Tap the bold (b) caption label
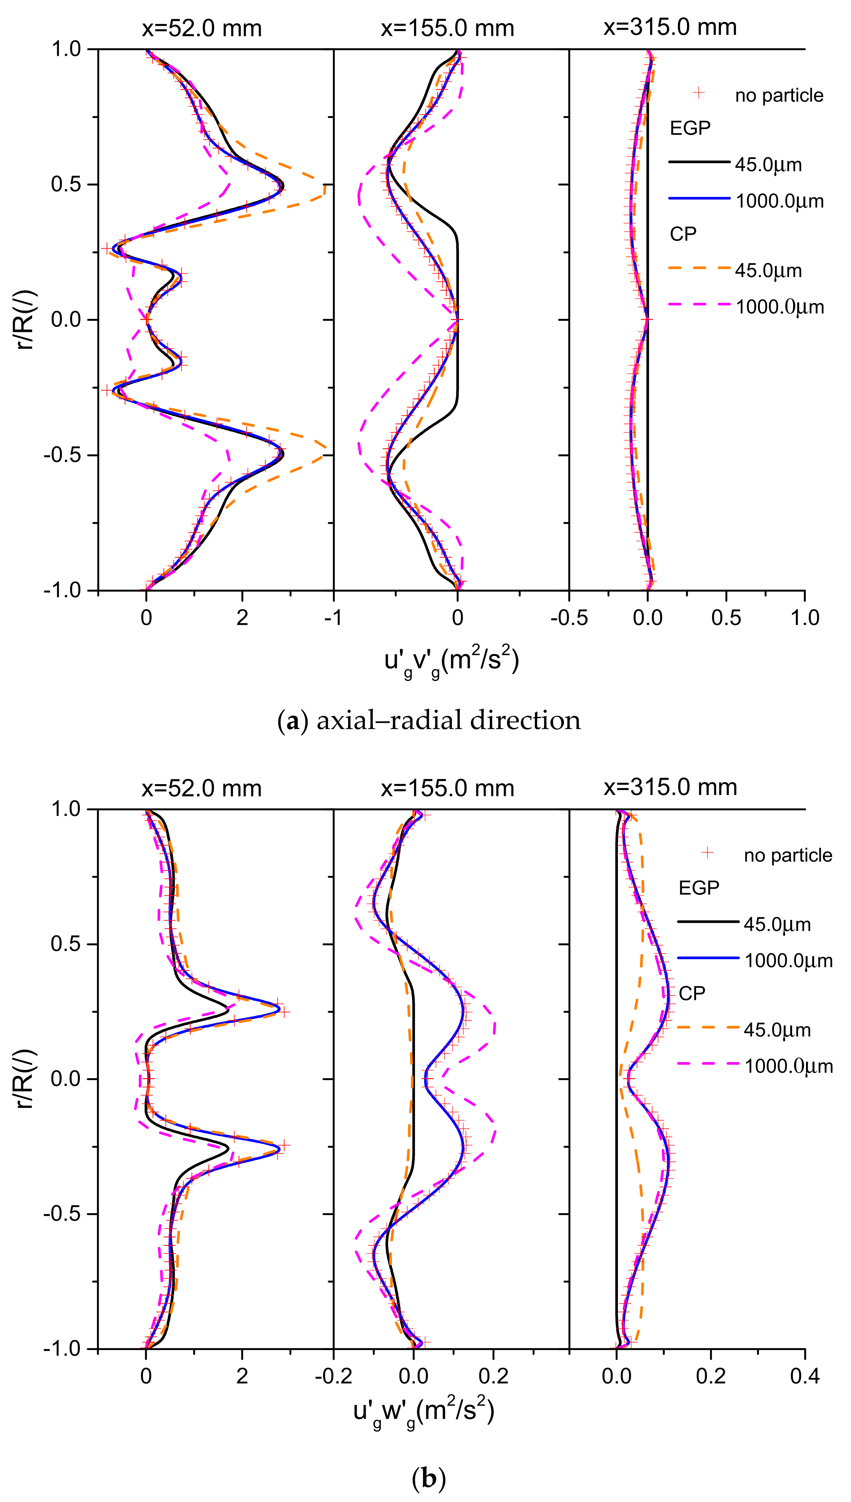(x=429, y=1479)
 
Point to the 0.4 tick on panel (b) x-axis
(x=804, y=1376)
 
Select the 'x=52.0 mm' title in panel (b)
(x=202, y=789)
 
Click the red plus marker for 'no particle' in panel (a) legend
(x=698, y=93)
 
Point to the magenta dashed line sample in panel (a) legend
(x=699, y=304)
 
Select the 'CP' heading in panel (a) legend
(x=683, y=234)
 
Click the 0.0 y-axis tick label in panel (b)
(x=66, y=1078)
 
